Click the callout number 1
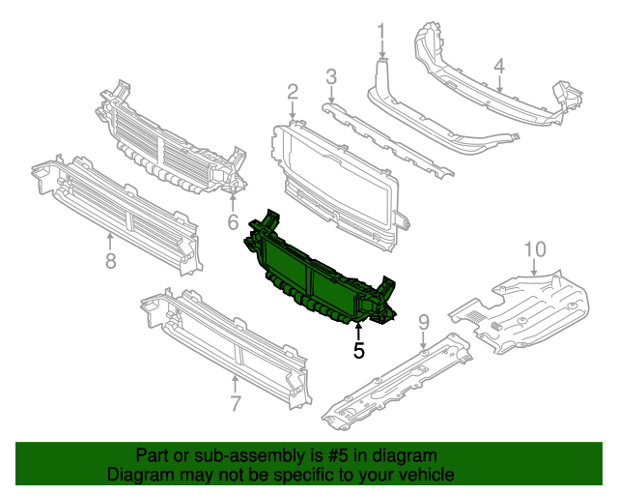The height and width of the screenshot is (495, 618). (x=380, y=32)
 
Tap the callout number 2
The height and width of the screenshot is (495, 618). (x=292, y=92)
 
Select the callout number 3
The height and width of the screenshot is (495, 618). (x=330, y=75)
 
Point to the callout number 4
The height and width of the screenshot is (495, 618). (x=499, y=66)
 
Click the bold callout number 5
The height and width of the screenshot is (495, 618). (x=359, y=351)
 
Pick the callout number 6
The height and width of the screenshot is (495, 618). (x=233, y=223)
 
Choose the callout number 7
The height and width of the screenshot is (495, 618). (x=235, y=401)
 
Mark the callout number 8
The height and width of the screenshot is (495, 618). (x=110, y=260)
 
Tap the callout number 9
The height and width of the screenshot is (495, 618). (x=423, y=321)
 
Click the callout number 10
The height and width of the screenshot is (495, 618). (x=535, y=250)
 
